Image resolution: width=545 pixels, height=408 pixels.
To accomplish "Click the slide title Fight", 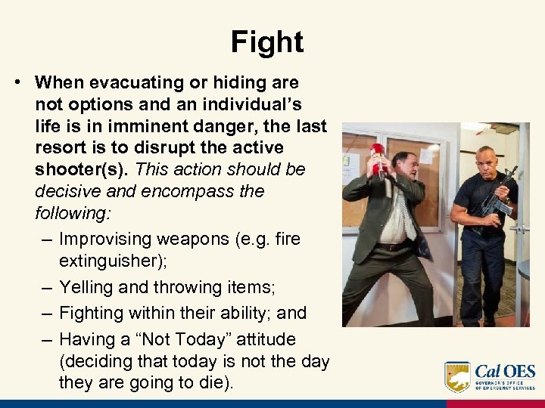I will (x=267, y=42).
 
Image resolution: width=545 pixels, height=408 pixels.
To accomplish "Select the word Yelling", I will (x=89, y=287).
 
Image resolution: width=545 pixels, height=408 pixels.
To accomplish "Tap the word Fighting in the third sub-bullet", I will (x=95, y=313).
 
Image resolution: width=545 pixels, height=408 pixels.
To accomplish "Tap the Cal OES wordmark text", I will (x=505, y=372).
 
